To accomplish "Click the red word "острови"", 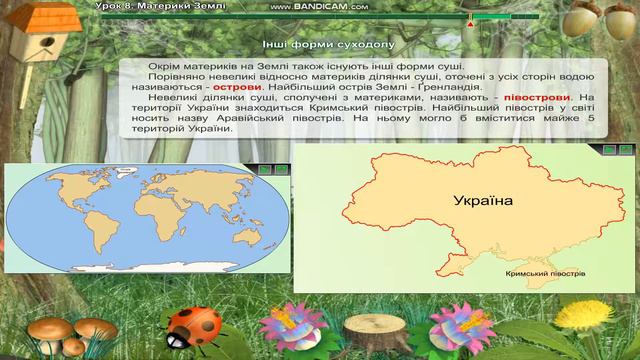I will point(237,86).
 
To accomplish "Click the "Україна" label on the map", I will point(482,201).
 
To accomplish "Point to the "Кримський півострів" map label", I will point(545,273).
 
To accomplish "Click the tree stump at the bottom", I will point(371,330).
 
